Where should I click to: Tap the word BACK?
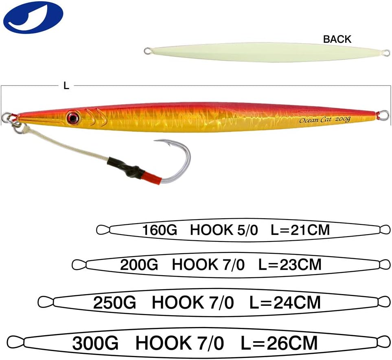pos(337,39)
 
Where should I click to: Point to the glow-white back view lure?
pos(265,52)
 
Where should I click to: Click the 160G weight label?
pos(160,230)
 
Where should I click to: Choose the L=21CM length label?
pos(300,230)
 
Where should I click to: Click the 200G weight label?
pos(139,265)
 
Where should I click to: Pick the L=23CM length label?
pos(290,265)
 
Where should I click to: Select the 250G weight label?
pos(115,303)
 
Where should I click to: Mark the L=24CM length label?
pos(285,303)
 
